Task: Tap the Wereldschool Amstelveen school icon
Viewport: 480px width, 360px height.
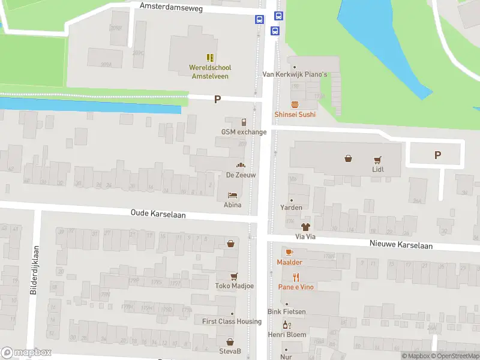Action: point(210,58)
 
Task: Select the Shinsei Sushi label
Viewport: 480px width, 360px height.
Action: point(295,114)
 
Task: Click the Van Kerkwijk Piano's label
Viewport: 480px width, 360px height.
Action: point(295,74)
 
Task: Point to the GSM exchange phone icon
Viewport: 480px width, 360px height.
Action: point(244,122)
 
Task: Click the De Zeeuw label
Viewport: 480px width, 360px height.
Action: point(241,175)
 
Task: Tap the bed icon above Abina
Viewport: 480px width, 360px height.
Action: point(232,195)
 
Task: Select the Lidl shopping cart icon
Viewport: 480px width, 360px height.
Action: point(377,159)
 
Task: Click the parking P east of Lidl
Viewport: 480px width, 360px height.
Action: point(437,155)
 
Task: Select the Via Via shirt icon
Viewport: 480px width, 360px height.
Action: point(305,227)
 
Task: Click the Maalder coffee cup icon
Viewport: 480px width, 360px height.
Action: point(289,252)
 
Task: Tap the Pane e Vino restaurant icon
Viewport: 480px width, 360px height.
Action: point(295,277)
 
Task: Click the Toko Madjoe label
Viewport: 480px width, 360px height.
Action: point(235,286)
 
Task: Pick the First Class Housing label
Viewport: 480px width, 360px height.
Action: point(232,322)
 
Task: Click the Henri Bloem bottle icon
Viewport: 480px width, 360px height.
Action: point(286,325)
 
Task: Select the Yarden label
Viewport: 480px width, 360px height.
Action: point(291,208)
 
